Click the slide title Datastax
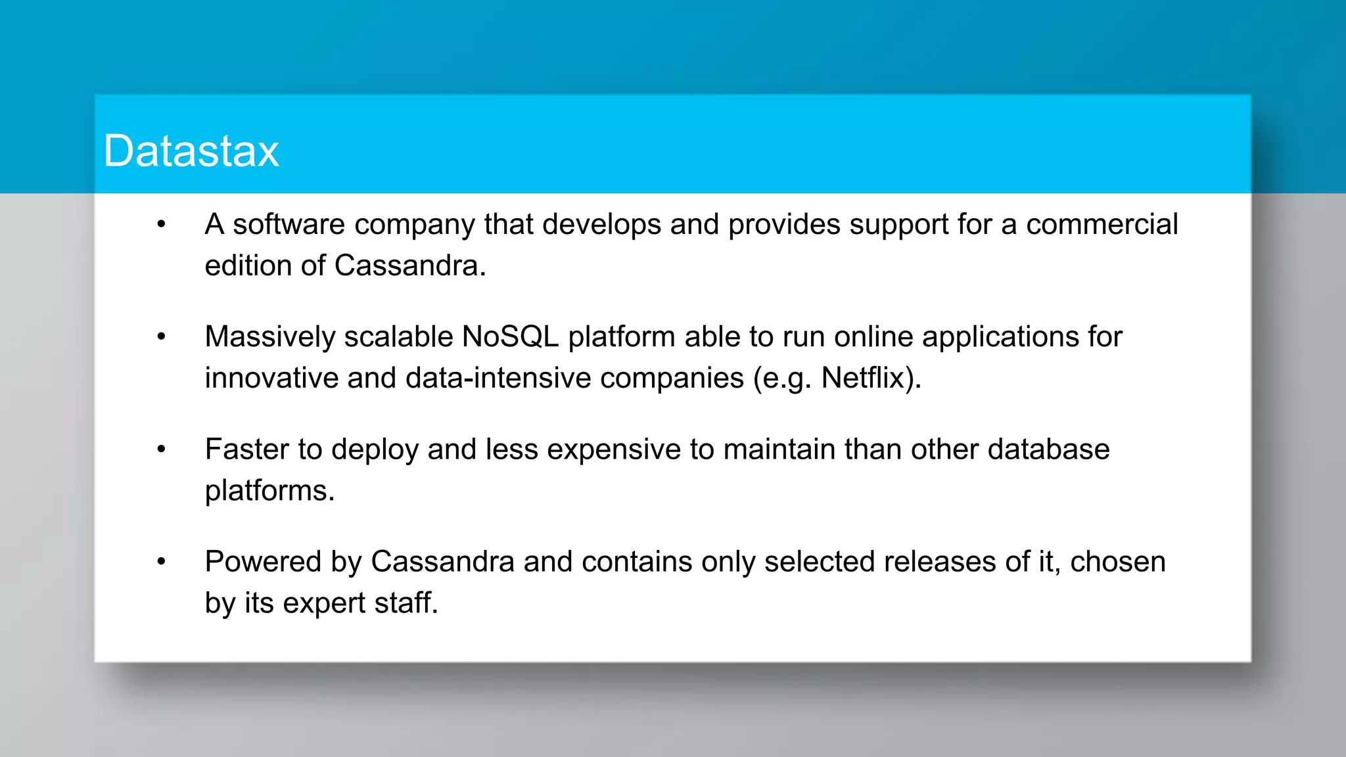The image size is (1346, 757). [x=191, y=151]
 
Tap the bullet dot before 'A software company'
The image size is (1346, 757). [x=162, y=225]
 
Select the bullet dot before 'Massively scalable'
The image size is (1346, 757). [x=162, y=337]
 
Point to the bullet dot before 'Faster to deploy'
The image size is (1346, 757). [x=162, y=449]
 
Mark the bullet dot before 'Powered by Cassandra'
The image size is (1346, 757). [x=162, y=562]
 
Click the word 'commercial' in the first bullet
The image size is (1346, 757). [x=1102, y=225]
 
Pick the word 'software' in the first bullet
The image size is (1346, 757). [x=289, y=225]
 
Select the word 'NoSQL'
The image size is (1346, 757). [x=510, y=337]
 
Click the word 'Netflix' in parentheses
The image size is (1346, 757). [x=862, y=378]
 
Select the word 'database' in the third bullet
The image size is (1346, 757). [x=1048, y=449]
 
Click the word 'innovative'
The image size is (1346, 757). [x=271, y=378]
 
